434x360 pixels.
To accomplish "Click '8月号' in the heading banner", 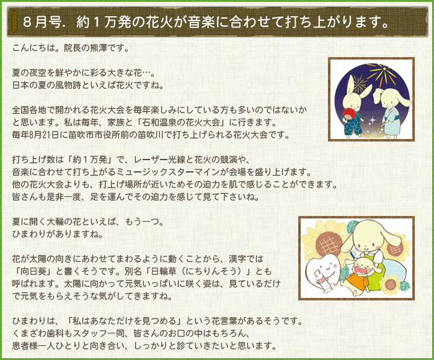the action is (42, 22).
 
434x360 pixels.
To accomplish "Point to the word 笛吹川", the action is (164, 135).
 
